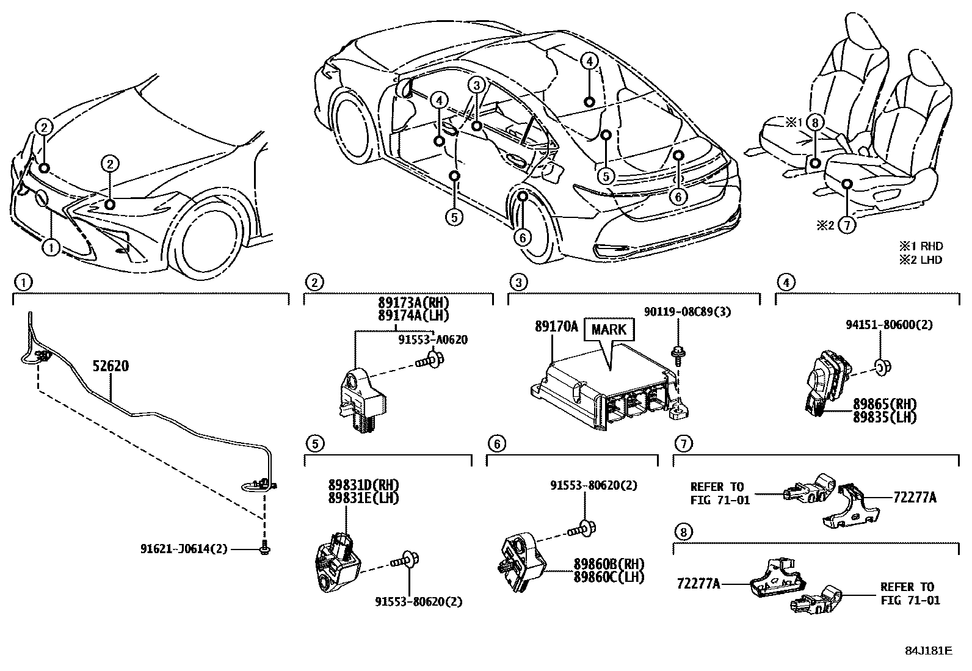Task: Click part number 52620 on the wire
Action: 111,366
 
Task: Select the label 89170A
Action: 556,327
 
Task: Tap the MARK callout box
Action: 609,330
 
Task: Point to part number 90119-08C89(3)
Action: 687,312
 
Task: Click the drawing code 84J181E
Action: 928,651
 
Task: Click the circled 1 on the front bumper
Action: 51,248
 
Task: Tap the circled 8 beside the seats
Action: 814,123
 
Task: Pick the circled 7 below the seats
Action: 846,225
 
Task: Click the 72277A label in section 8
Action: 698,584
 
